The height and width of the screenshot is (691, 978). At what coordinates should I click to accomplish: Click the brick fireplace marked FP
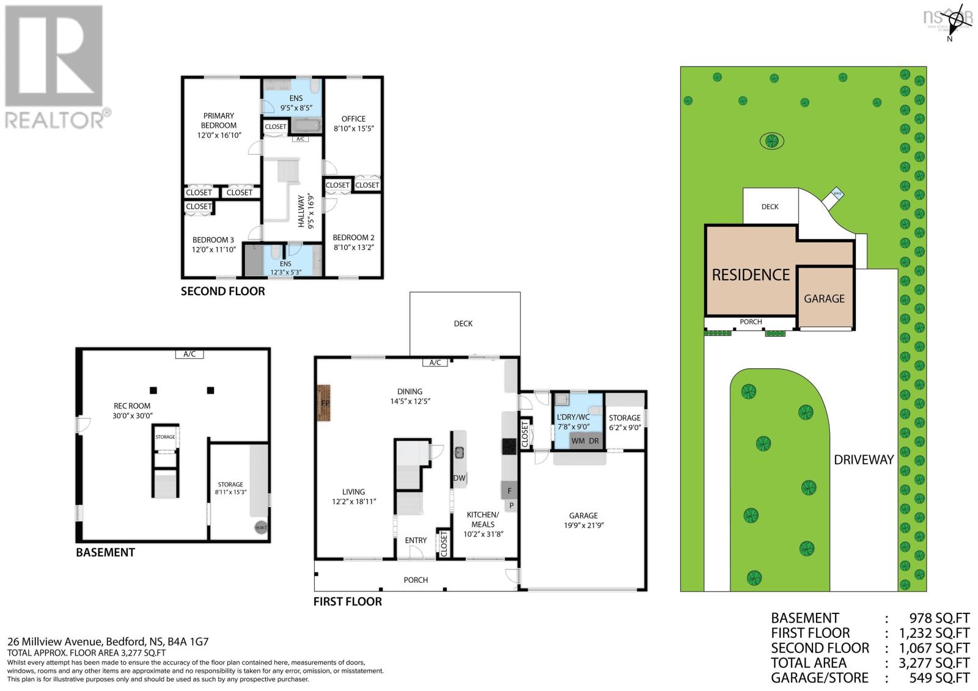point(324,403)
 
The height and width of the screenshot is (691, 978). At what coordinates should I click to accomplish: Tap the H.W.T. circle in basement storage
point(260,527)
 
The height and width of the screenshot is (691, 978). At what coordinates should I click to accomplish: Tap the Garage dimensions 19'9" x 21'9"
point(583,525)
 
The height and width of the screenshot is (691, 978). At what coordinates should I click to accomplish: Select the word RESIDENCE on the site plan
point(751,275)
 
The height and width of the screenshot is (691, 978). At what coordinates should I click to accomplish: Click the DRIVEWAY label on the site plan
point(864,459)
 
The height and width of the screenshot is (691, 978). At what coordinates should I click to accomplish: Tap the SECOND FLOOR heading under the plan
point(222,291)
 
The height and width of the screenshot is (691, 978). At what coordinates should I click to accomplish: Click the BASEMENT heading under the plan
point(105,552)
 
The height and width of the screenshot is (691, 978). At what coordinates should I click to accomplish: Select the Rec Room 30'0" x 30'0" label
point(132,410)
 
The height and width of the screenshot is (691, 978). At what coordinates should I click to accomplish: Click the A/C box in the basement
point(189,354)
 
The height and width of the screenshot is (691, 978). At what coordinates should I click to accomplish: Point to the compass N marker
point(949,39)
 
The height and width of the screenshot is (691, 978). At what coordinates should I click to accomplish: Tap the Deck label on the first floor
point(463,323)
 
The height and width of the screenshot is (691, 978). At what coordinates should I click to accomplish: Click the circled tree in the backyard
point(772,141)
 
